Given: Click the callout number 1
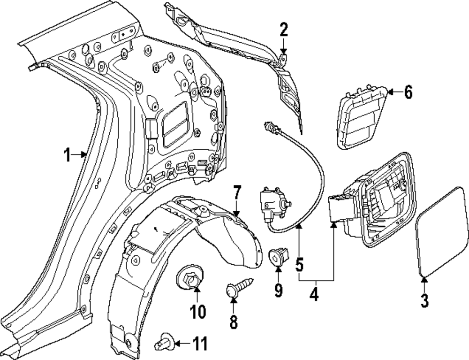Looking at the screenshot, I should click(x=68, y=154).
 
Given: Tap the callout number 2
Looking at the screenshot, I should click(x=283, y=31).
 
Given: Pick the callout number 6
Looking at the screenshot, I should click(x=408, y=92).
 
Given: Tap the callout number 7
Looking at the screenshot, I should click(x=237, y=192).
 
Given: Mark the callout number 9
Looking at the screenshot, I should click(x=279, y=291).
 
